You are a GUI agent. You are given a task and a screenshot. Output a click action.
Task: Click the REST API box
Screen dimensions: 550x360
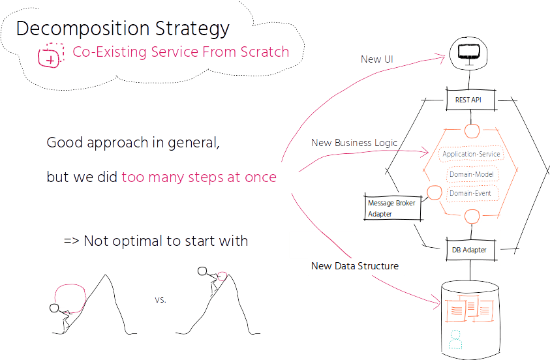point(470,100)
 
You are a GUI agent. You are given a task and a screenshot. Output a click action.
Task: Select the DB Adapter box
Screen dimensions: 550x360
point(470,250)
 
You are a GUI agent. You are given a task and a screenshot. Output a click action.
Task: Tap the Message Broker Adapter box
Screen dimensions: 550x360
point(393,207)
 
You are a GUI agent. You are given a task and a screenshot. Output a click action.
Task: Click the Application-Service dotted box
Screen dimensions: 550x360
point(471,154)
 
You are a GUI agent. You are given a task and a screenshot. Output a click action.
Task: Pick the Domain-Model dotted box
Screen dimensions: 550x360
point(472,174)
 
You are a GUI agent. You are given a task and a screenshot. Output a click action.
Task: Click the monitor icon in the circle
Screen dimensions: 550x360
point(468,53)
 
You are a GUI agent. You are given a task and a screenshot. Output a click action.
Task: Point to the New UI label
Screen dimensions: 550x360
point(376,59)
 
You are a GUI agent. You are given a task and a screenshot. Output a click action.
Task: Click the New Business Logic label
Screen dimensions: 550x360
point(354,143)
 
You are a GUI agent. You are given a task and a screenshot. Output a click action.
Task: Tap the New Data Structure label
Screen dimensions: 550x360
point(355,266)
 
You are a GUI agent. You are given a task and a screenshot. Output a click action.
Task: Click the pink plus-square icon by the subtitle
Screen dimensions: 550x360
point(51,55)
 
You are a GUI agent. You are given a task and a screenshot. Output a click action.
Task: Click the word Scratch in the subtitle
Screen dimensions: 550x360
point(264,52)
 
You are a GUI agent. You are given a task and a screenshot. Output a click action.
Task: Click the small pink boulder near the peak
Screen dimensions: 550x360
point(222,277)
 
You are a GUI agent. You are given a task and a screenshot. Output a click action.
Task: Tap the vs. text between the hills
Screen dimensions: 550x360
point(160,300)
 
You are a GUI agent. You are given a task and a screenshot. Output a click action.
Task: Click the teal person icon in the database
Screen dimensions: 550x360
point(455,339)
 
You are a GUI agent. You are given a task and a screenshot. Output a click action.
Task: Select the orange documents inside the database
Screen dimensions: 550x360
point(469,308)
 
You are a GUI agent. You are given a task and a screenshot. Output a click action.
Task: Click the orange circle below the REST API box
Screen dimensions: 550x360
point(472,131)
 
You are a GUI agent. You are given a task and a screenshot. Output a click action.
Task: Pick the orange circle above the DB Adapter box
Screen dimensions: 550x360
point(472,217)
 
